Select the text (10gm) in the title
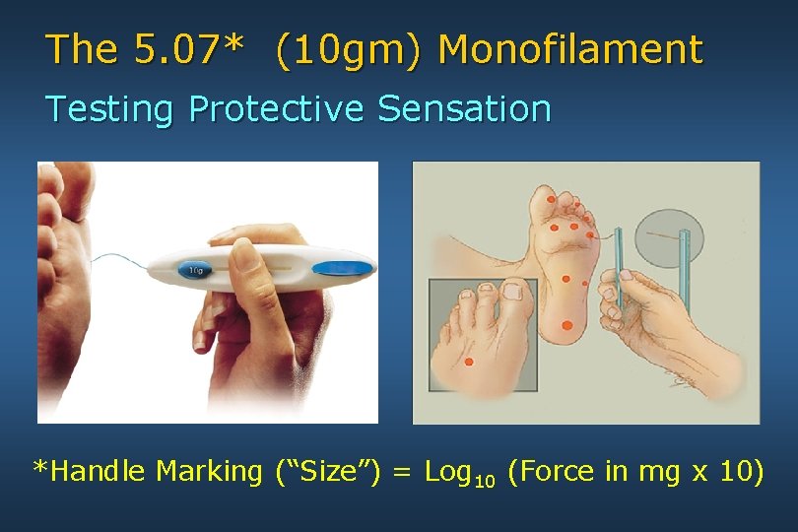(351, 49)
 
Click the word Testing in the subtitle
(109, 108)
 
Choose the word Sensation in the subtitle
(464, 108)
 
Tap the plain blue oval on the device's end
(344, 267)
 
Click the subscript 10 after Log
(486, 480)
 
